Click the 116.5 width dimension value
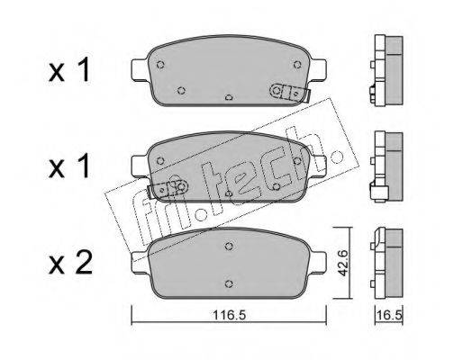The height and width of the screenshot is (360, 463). (229, 315)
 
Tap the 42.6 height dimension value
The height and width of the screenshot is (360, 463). (342, 263)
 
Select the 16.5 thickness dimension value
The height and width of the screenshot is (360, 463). (389, 315)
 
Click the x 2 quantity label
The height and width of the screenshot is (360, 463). (71, 263)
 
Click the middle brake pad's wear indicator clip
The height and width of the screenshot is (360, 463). (168, 188)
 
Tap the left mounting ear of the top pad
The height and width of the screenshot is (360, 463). (140, 69)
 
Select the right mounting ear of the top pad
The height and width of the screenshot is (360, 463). (318, 69)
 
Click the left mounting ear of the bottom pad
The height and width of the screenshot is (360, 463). (140, 262)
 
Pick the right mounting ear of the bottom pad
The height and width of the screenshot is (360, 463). (318, 262)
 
